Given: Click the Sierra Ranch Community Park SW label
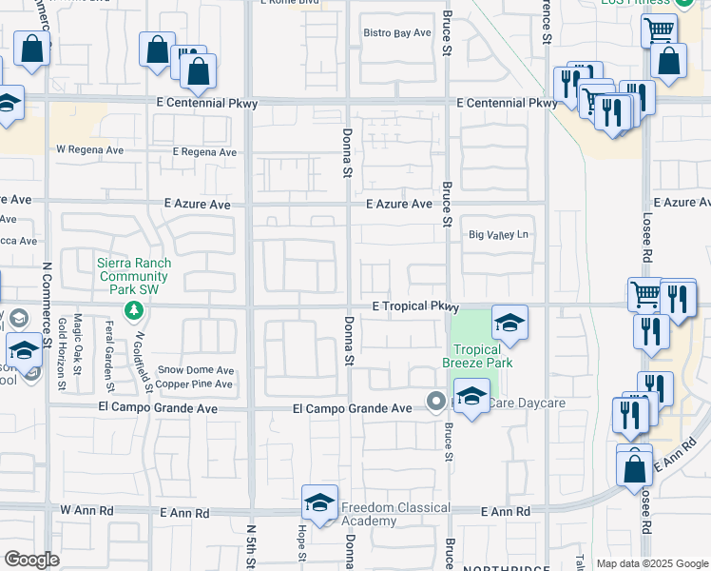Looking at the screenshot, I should (x=134, y=273).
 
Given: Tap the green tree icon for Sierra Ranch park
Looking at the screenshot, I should (x=134, y=309).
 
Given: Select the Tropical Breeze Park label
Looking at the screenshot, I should (x=482, y=356).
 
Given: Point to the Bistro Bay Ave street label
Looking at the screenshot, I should (x=398, y=32).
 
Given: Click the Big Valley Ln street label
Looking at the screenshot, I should (x=498, y=235).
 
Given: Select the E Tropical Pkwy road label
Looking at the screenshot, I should (x=415, y=306).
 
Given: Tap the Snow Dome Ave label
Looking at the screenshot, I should (x=196, y=370).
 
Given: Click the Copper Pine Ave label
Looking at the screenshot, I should (x=195, y=384).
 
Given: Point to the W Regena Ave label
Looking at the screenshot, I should (x=90, y=149).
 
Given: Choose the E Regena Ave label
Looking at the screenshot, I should (x=204, y=152).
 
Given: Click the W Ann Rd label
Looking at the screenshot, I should (x=86, y=511).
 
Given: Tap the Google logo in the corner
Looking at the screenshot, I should (x=31, y=559).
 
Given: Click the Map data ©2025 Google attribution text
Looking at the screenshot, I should (x=652, y=564).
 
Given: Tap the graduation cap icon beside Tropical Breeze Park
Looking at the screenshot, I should (x=509, y=323).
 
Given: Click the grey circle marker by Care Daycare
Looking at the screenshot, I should (x=436, y=400).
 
